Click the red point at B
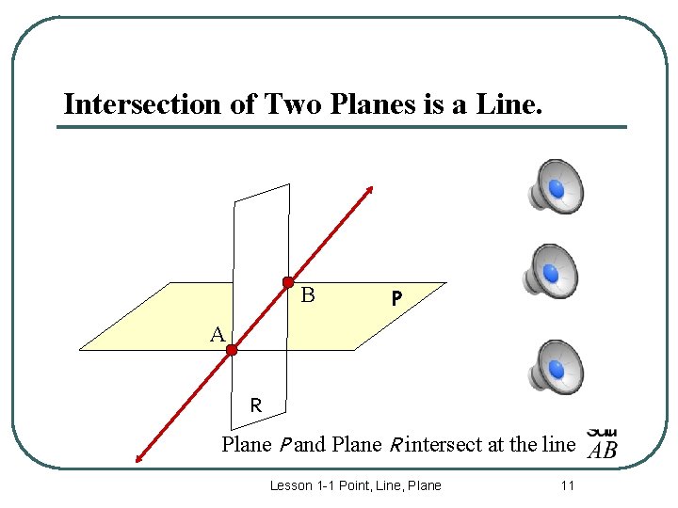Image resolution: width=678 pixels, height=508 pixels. click(x=288, y=282)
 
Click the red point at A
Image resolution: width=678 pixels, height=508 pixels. click(x=232, y=350)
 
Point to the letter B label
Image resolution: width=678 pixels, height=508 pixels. click(x=307, y=295)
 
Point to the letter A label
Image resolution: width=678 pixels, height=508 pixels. click(x=218, y=335)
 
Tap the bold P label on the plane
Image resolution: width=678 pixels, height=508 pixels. click(x=397, y=298)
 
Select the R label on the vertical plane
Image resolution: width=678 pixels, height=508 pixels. click(x=255, y=406)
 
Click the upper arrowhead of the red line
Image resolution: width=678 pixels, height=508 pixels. click(x=370, y=188)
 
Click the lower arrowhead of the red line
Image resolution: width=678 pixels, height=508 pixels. click(x=139, y=459)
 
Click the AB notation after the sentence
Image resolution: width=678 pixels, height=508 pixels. click(x=602, y=450)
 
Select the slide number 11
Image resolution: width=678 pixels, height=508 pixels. click(x=567, y=485)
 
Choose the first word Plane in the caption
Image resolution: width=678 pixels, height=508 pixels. click(x=246, y=444)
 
